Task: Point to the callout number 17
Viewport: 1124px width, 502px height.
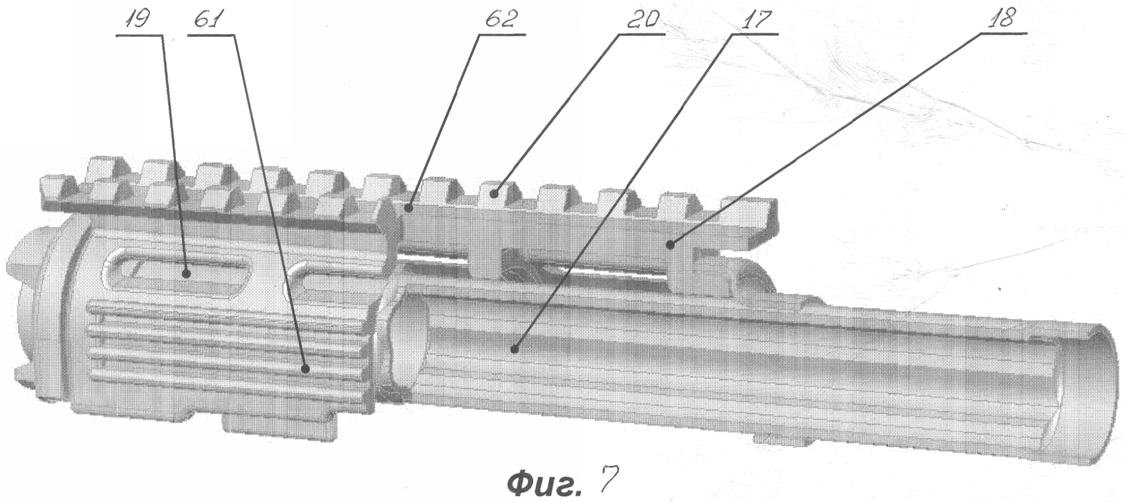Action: point(753,20)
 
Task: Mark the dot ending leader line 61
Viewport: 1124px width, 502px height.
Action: point(306,367)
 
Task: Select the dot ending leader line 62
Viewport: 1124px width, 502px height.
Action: point(409,207)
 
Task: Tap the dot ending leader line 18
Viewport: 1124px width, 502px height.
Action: point(670,246)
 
